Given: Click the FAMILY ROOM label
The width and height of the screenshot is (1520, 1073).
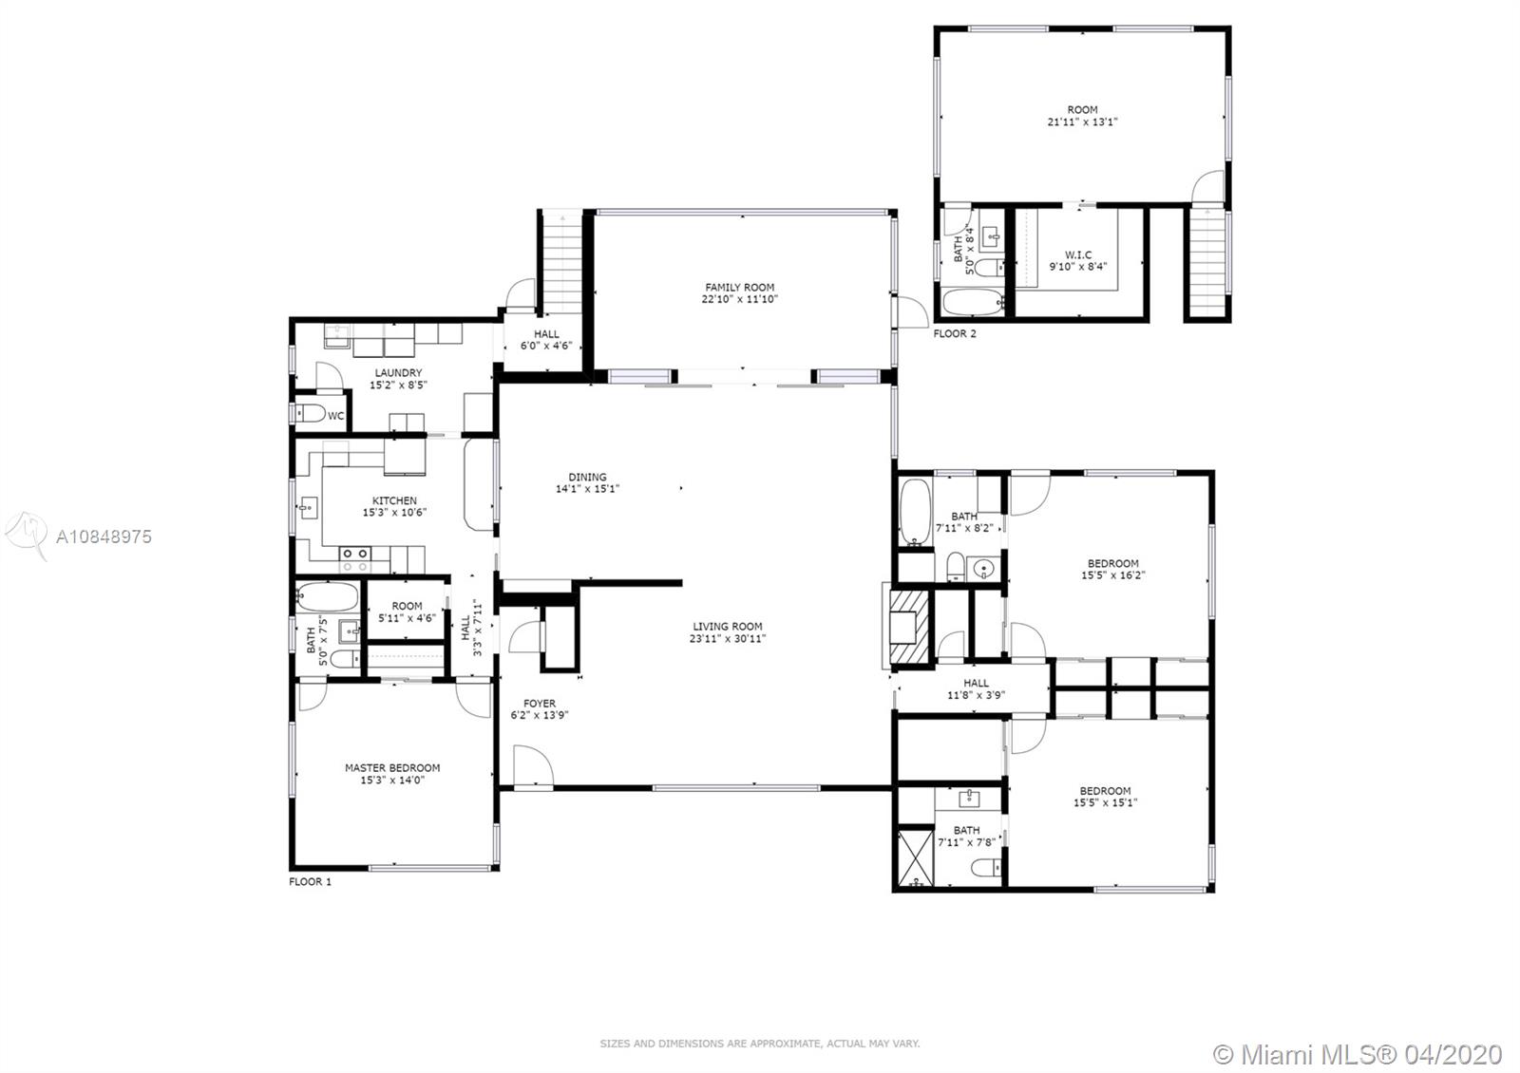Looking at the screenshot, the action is pos(739,288).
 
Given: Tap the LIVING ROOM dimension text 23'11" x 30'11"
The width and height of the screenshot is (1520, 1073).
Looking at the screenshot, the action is pos(728,638).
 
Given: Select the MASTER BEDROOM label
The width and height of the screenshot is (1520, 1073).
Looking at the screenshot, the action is pos(392,768).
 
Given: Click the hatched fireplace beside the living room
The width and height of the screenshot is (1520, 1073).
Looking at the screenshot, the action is pos(908,627).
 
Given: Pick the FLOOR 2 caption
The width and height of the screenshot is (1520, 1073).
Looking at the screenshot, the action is pos(955,333).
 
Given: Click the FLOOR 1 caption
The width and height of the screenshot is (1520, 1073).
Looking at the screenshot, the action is pos(310,882).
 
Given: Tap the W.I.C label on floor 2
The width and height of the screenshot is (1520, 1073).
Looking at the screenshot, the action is pos(1078,255).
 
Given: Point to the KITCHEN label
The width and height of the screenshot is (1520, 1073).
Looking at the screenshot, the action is pos(394,500).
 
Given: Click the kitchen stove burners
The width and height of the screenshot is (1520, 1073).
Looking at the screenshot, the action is pos(355,559).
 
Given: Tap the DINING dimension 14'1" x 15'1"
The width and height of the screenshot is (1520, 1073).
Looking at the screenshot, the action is pos(588,488).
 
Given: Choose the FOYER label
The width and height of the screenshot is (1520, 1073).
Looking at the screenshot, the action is pos(540,704).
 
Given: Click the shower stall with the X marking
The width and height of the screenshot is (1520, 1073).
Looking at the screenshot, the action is pos(916,857).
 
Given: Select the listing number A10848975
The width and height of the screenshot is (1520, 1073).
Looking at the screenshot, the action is pos(104,537).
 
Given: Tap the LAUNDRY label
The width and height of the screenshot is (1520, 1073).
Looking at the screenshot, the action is pos(398,373).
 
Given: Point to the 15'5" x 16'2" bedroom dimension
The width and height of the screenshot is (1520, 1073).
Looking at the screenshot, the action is pos(1112,575).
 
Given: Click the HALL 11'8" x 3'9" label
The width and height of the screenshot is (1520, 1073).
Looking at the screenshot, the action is pos(976,689).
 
